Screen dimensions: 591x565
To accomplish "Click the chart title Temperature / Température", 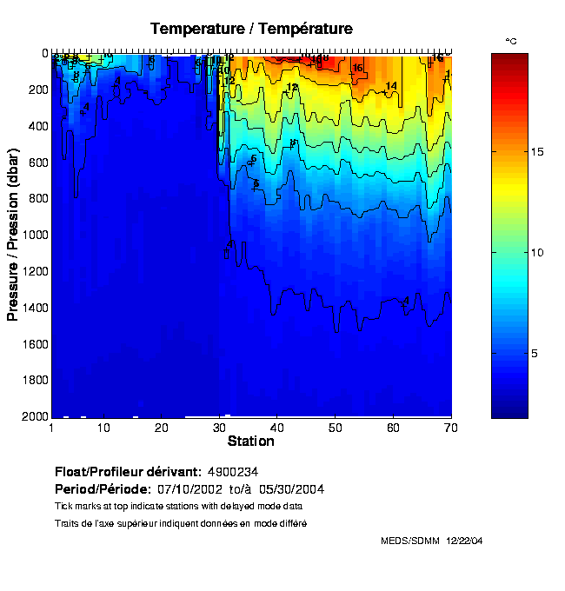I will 251,29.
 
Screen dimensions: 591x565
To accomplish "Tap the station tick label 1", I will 52,428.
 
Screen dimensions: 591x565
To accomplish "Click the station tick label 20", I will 162,428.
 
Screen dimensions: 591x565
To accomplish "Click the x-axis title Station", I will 251,442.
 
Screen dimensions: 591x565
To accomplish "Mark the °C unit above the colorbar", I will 511,41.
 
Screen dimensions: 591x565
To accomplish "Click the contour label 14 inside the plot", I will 390,85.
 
